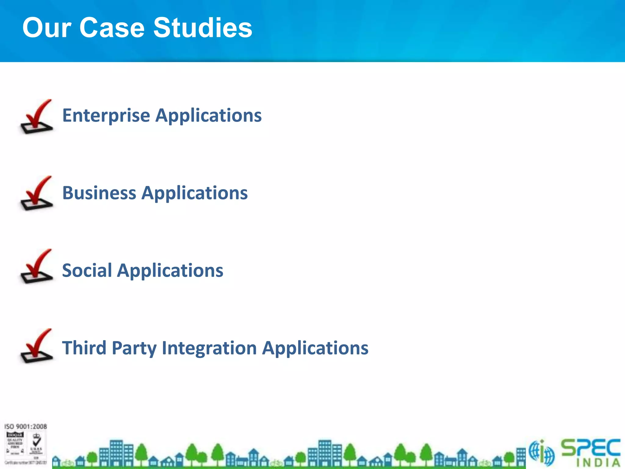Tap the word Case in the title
click(112, 28)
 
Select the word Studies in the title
click(203, 28)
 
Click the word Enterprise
click(106, 115)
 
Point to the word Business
click(99, 193)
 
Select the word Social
click(87, 271)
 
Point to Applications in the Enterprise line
click(208, 115)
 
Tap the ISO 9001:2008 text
click(26, 427)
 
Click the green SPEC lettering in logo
click(591, 448)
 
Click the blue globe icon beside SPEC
click(542, 453)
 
